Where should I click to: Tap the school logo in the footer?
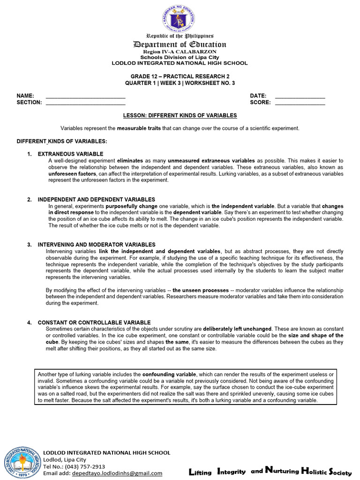(22, 463)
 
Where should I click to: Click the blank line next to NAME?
(86, 97)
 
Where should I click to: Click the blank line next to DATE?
(300, 97)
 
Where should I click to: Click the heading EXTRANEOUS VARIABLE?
(70, 154)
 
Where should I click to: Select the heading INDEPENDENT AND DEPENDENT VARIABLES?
(96, 200)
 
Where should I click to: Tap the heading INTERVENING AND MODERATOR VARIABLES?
(97, 245)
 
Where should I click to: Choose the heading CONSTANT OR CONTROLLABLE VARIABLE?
(94, 322)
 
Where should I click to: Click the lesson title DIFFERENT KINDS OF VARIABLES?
(180, 115)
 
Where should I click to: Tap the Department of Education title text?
(180, 45)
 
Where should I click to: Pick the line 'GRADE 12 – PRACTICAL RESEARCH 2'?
(180, 76)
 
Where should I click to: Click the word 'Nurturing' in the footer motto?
(281, 471)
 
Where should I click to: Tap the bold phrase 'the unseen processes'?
(201, 290)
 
